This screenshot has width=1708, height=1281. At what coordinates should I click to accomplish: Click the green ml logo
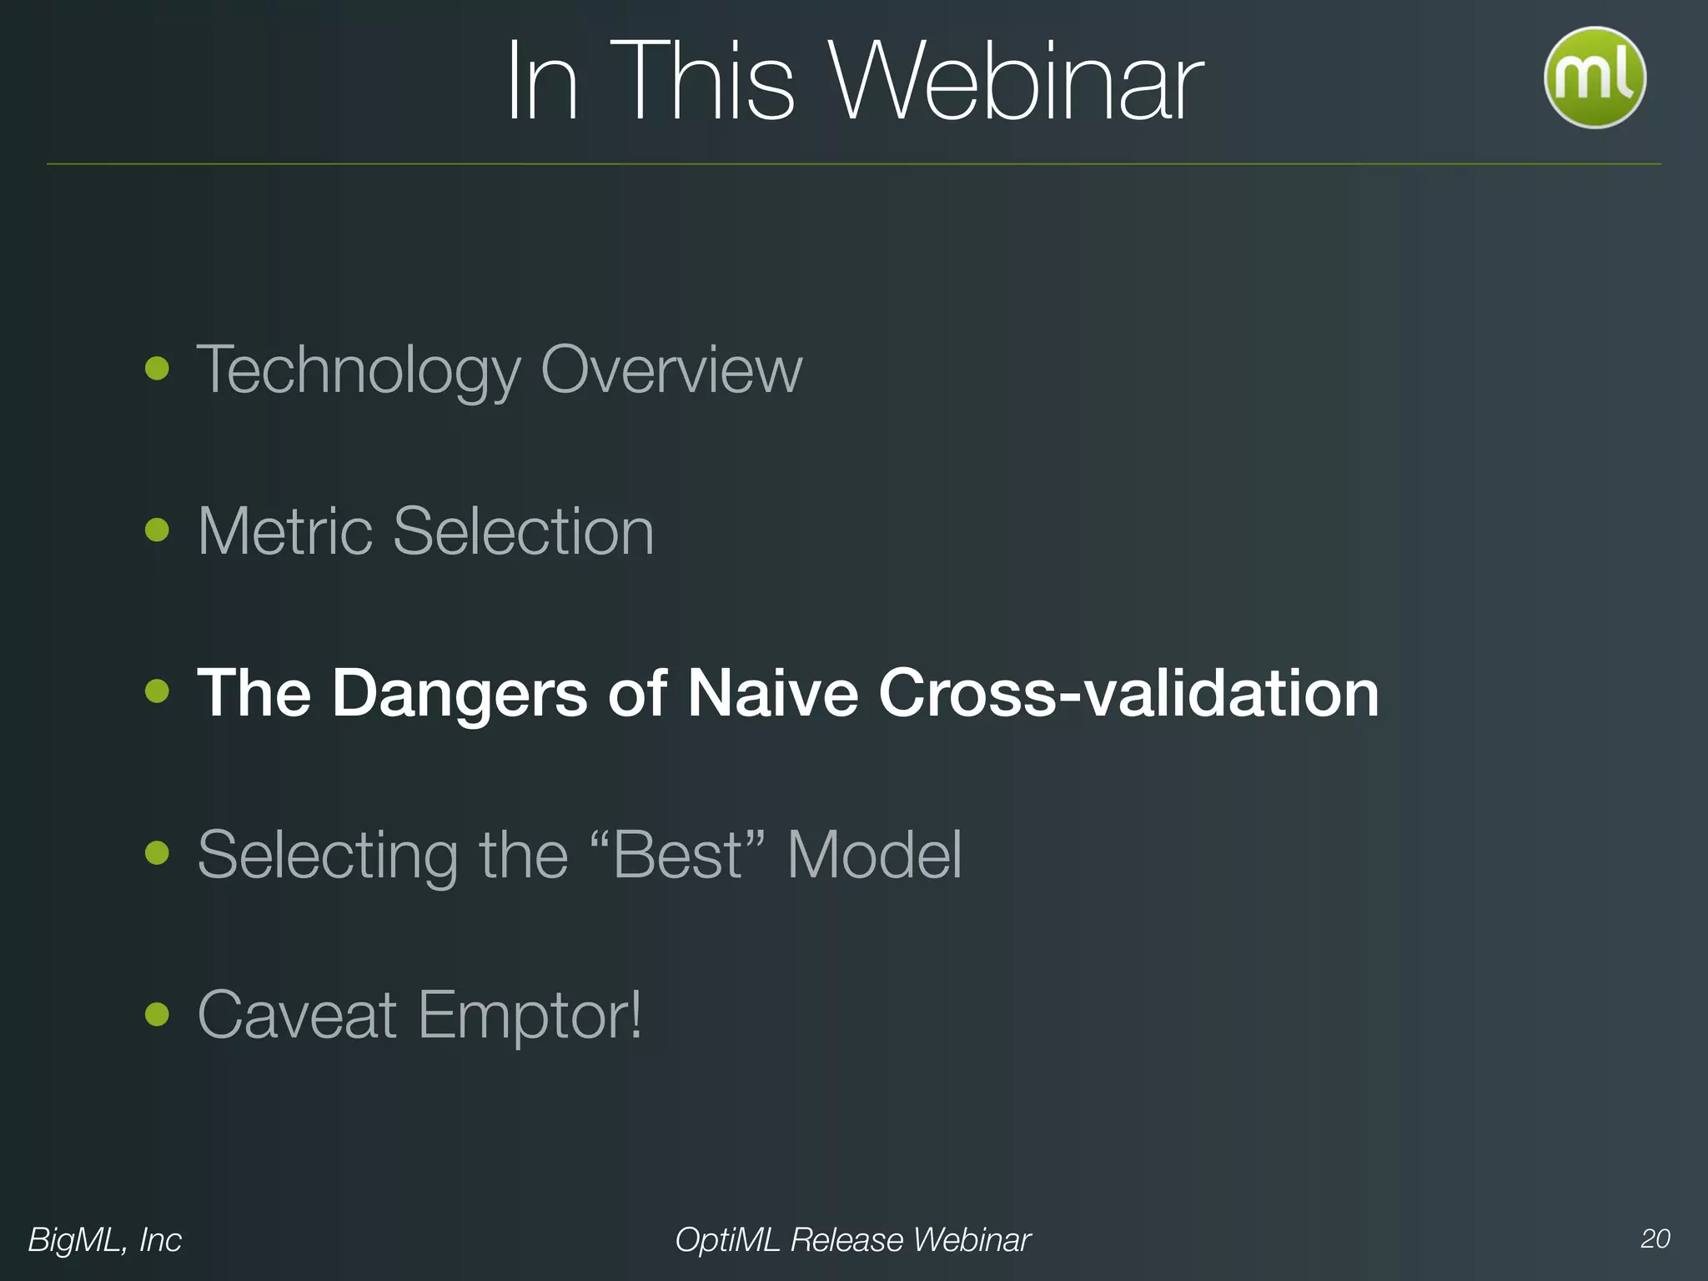pyautogui.click(x=1594, y=78)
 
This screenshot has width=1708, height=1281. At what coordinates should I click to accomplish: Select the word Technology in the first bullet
pyautogui.click(x=359, y=369)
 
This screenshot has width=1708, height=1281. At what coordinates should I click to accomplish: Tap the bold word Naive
pyautogui.click(x=772, y=692)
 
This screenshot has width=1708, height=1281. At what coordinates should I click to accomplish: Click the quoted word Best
pyautogui.click(x=677, y=854)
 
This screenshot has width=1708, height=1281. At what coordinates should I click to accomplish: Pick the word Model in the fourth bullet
pyautogui.click(x=874, y=854)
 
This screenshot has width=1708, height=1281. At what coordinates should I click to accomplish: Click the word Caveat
pyautogui.click(x=297, y=1015)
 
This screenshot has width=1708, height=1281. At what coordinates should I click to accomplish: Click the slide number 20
pyautogui.click(x=1655, y=1238)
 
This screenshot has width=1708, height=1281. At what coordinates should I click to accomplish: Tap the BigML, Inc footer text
pyautogui.click(x=104, y=1239)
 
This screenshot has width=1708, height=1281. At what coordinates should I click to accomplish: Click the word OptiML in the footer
pyautogui.click(x=727, y=1239)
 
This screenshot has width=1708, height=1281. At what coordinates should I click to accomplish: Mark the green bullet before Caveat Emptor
pyautogui.click(x=157, y=1015)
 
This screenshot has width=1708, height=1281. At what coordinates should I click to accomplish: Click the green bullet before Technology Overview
pyautogui.click(x=157, y=368)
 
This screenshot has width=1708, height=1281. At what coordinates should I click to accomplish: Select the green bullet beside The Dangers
pyautogui.click(x=157, y=691)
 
